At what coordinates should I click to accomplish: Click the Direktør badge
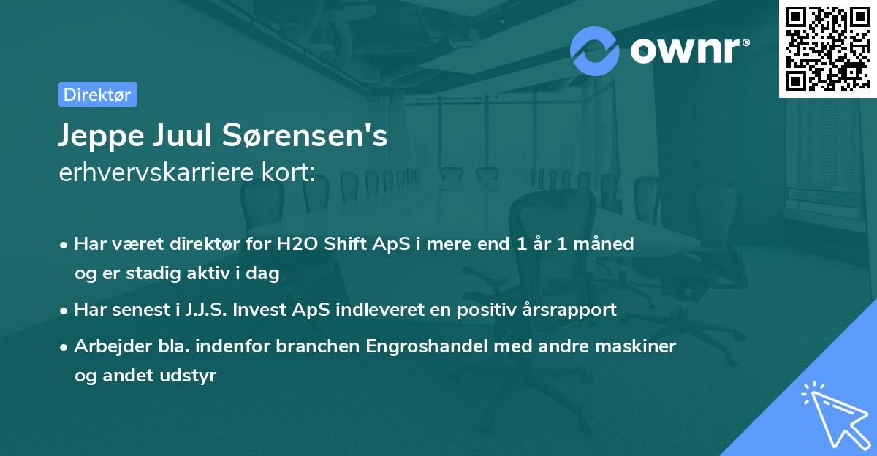pyautogui.click(x=97, y=94)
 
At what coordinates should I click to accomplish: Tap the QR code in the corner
pyautogui.click(x=827, y=48)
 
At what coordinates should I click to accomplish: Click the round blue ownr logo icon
pyautogui.click(x=595, y=50)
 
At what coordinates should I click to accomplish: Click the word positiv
pyautogui.click(x=477, y=310)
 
